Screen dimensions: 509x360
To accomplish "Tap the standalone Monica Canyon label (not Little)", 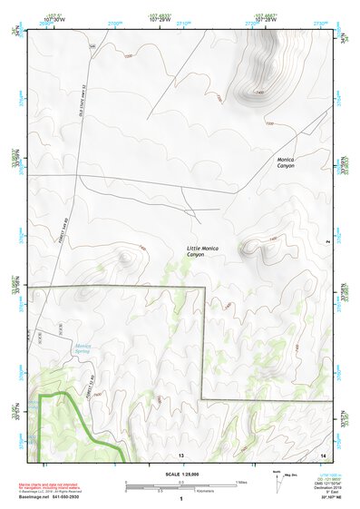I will pyautogui.click(x=286, y=162).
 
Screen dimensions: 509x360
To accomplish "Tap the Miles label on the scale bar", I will pyautogui.click(x=242, y=483).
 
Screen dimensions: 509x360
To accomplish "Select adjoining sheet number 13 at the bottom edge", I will pyautogui.click(x=181, y=454).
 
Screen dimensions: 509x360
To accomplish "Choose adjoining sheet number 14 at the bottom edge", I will pyautogui.click(x=324, y=454).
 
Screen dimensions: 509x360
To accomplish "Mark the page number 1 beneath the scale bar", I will pyautogui.click(x=181, y=499).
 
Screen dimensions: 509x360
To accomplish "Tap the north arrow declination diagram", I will pyautogui.click(x=277, y=479).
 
